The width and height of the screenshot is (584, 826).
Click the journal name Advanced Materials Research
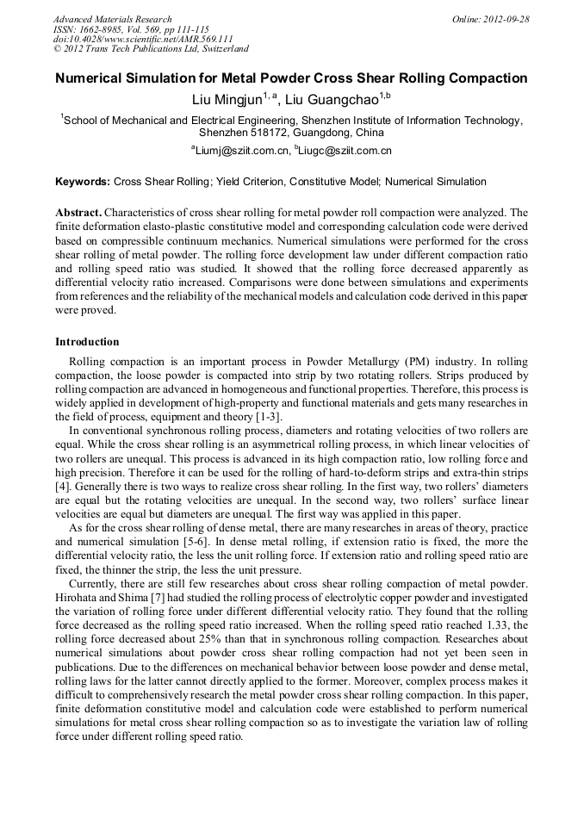[x=112, y=19]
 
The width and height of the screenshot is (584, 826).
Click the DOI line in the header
[x=143, y=40]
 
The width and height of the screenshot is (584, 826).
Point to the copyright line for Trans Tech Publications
[x=151, y=49]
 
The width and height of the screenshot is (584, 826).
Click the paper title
[x=291, y=78]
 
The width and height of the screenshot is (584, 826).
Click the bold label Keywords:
[x=83, y=182]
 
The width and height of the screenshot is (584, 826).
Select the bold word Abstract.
[x=79, y=212]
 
